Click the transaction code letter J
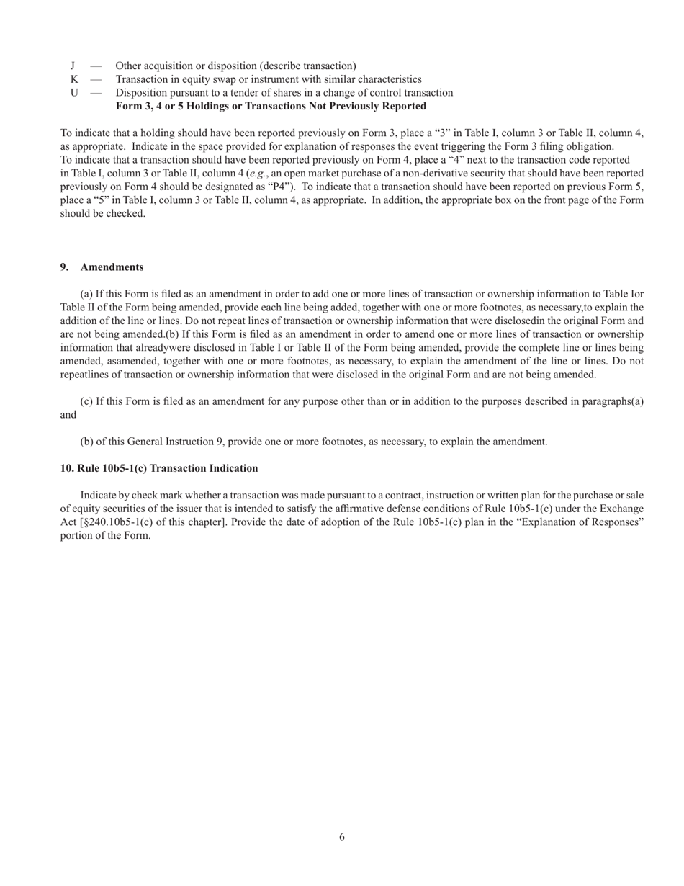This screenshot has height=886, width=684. [73, 66]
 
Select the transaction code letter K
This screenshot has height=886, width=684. [74, 79]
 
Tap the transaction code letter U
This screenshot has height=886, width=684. [74, 93]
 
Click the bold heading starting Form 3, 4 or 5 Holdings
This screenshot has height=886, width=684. [271, 107]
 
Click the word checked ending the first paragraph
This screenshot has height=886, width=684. [127, 214]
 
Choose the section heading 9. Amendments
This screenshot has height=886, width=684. [102, 267]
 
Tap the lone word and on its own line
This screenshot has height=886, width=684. [68, 415]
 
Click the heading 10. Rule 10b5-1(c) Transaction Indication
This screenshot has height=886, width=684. [159, 469]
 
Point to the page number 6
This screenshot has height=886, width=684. [342, 837]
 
